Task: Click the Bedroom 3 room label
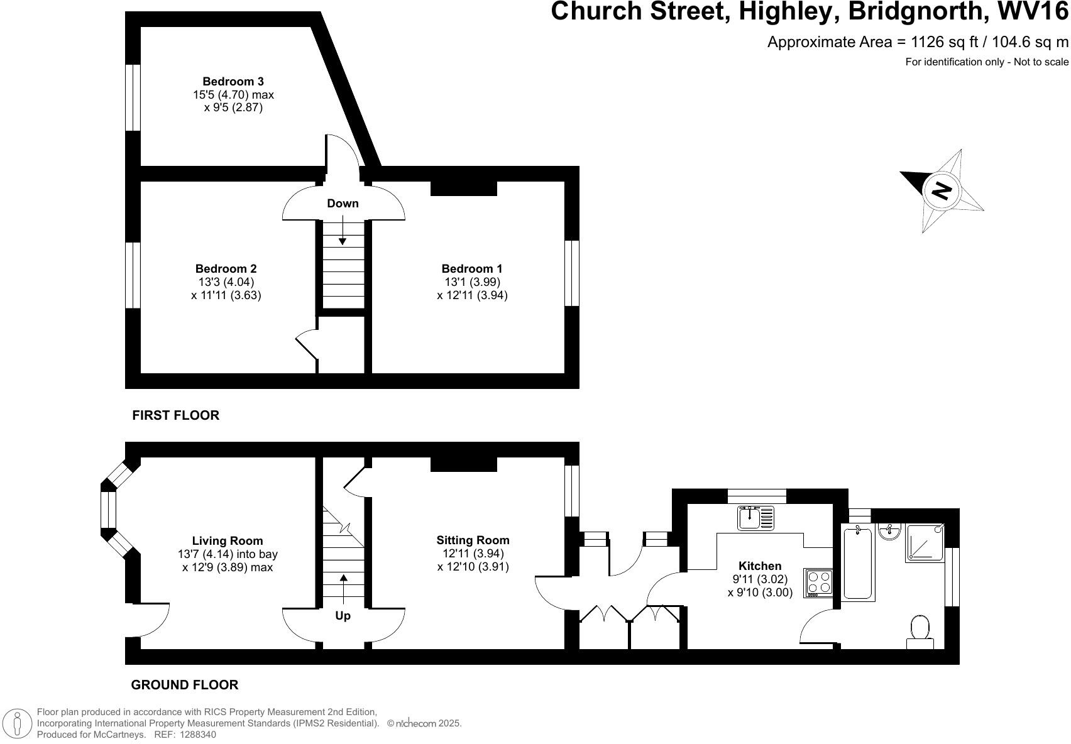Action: tap(233, 82)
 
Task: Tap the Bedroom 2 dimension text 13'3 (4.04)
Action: tap(225, 282)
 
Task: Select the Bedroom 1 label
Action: tap(471, 269)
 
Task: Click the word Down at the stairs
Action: tap(343, 204)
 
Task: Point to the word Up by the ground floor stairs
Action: tap(343, 616)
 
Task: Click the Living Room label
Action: tap(228, 541)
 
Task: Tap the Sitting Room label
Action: tap(473, 540)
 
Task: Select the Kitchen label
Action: tap(760, 566)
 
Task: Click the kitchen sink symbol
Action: tap(756, 518)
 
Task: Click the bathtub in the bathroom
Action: tap(859, 564)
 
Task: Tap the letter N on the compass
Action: tap(941, 190)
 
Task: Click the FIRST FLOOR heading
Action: tap(175, 415)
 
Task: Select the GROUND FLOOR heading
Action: tap(184, 685)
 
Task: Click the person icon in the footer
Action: tap(18, 724)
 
